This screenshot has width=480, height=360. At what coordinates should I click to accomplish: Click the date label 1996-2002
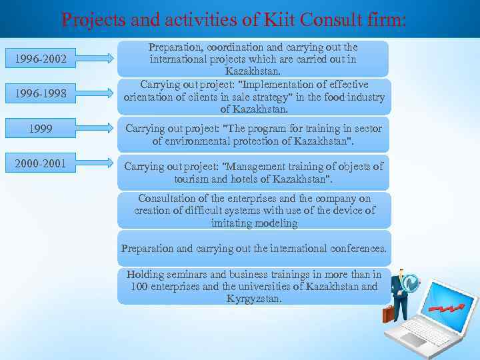click(41, 59)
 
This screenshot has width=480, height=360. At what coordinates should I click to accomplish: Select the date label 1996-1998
click(41, 93)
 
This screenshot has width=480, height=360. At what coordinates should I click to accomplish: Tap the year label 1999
click(41, 129)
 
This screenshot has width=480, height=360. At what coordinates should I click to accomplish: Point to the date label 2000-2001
click(41, 161)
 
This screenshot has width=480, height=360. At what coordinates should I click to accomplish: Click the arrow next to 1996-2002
click(100, 59)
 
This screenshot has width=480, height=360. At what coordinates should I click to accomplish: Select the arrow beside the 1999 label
click(100, 127)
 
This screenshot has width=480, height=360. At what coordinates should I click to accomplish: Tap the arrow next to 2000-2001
click(100, 161)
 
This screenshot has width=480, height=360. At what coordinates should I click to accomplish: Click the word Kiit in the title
click(280, 20)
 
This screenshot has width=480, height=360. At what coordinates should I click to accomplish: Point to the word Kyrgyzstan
click(254, 299)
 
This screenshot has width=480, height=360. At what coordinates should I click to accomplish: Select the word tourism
click(193, 179)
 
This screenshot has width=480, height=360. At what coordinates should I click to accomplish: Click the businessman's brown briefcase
click(388, 313)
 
